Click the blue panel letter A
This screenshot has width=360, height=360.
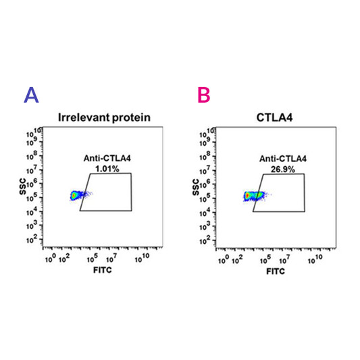(31, 95)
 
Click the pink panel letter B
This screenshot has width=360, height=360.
(204, 95)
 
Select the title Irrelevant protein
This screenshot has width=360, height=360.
(103, 117)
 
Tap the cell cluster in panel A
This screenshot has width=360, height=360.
(76, 196)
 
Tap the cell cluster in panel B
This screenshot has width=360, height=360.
(253, 196)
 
